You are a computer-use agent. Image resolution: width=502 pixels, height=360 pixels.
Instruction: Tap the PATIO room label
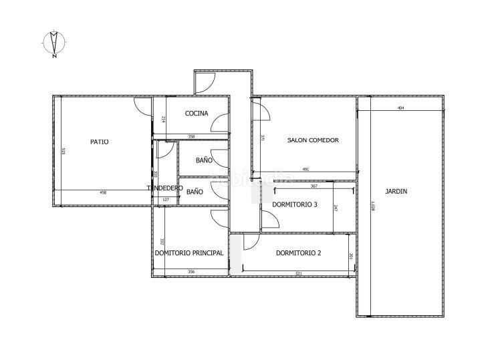pyautogui.click(x=100, y=142)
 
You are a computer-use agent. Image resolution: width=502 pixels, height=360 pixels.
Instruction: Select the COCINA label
pyautogui.click(x=197, y=114)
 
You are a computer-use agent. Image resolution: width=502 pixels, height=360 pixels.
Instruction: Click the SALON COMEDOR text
pyautogui.click(x=313, y=140)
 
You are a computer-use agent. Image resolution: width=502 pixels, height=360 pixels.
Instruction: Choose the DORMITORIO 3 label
pyautogui.click(x=294, y=204)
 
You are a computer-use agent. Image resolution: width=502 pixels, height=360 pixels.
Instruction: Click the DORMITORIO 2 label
pyautogui.click(x=299, y=253)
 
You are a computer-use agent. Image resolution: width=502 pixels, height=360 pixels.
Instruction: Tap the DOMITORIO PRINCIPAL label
pyautogui.click(x=189, y=253)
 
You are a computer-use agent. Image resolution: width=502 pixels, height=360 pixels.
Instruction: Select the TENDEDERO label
pyautogui.click(x=165, y=188)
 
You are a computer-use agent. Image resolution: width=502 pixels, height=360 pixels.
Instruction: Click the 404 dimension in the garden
pyautogui.click(x=400, y=108)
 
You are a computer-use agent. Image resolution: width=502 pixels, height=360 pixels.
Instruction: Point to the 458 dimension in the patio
pyautogui.click(x=103, y=193)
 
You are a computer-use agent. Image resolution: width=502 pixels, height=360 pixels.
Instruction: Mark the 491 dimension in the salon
pyautogui.click(x=305, y=170)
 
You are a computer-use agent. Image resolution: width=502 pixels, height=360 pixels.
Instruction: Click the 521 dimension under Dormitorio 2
pyautogui.click(x=298, y=273)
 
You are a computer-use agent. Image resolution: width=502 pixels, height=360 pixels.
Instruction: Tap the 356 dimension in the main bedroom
pyautogui.click(x=191, y=271)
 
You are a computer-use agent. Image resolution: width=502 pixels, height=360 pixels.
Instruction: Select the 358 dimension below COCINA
pyautogui.click(x=191, y=137)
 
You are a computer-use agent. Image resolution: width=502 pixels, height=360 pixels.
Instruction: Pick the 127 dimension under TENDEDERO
pyautogui.click(x=165, y=198)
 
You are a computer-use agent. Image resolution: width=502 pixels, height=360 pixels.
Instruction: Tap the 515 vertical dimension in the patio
pyautogui.click(x=63, y=152)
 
